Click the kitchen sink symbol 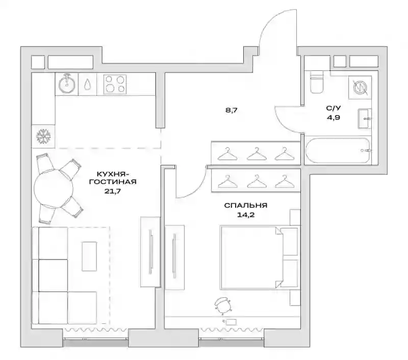[67, 84]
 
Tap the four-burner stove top [115, 84]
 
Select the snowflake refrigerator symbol [43, 136]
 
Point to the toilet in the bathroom [317, 82]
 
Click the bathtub [338, 150]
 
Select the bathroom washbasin [364, 119]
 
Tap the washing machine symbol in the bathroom [360, 87]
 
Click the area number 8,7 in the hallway [232, 110]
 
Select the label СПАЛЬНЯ [246, 205]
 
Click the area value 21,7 [113, 191]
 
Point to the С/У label [334, 108]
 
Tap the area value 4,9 [334, 118]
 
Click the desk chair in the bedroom [223, 305]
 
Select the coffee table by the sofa [89, 256]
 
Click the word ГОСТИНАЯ [113, 182]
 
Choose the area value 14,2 [246, 215]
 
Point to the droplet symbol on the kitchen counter [87, 84]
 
